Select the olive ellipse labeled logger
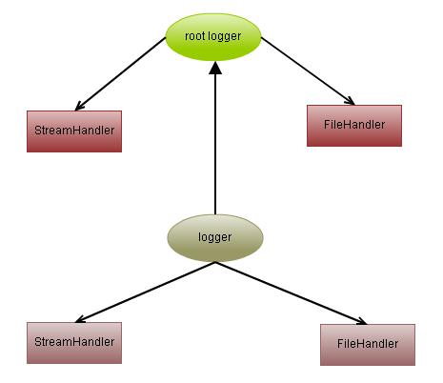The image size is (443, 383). click(214, 237)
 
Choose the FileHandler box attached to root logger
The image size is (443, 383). click(353, 125)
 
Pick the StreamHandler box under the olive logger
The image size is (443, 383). click(74, 341)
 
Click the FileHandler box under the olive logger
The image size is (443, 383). click(367, 343)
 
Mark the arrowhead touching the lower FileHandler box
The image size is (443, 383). click(361, 321)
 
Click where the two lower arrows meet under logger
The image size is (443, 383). click(215, 263)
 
